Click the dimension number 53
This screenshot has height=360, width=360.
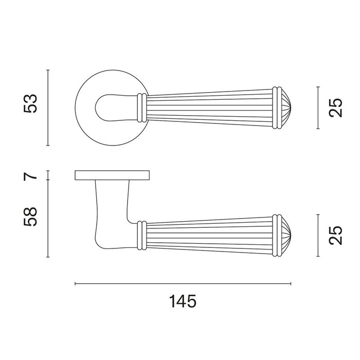30,103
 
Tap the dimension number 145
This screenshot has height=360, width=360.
183,301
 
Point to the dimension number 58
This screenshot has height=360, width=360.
30,217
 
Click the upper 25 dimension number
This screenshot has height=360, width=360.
335,107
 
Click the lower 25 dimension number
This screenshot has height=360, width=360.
335,236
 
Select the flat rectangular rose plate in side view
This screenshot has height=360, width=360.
112,175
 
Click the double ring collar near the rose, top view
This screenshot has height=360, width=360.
141,107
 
